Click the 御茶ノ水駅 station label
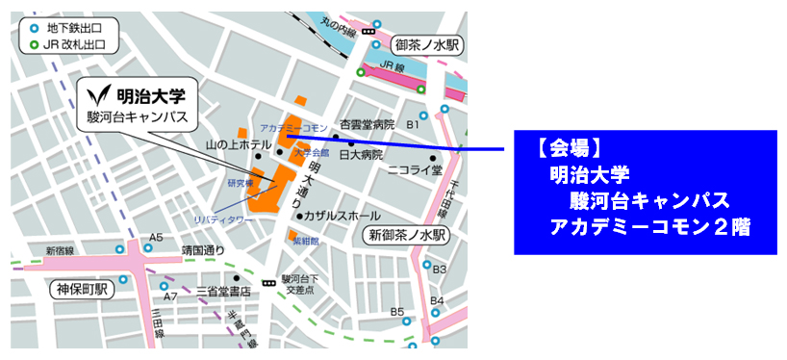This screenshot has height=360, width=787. (x=427, y=45)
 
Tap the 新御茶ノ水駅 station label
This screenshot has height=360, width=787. (x=406, y=235)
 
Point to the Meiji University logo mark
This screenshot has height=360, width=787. (x=99, y=97)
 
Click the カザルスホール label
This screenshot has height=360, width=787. (x=342, y=216)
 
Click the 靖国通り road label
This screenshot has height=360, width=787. (x=203, y=252)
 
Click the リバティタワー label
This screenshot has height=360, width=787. (x=224, y=219)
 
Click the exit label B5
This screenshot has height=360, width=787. (x=397, y=311)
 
